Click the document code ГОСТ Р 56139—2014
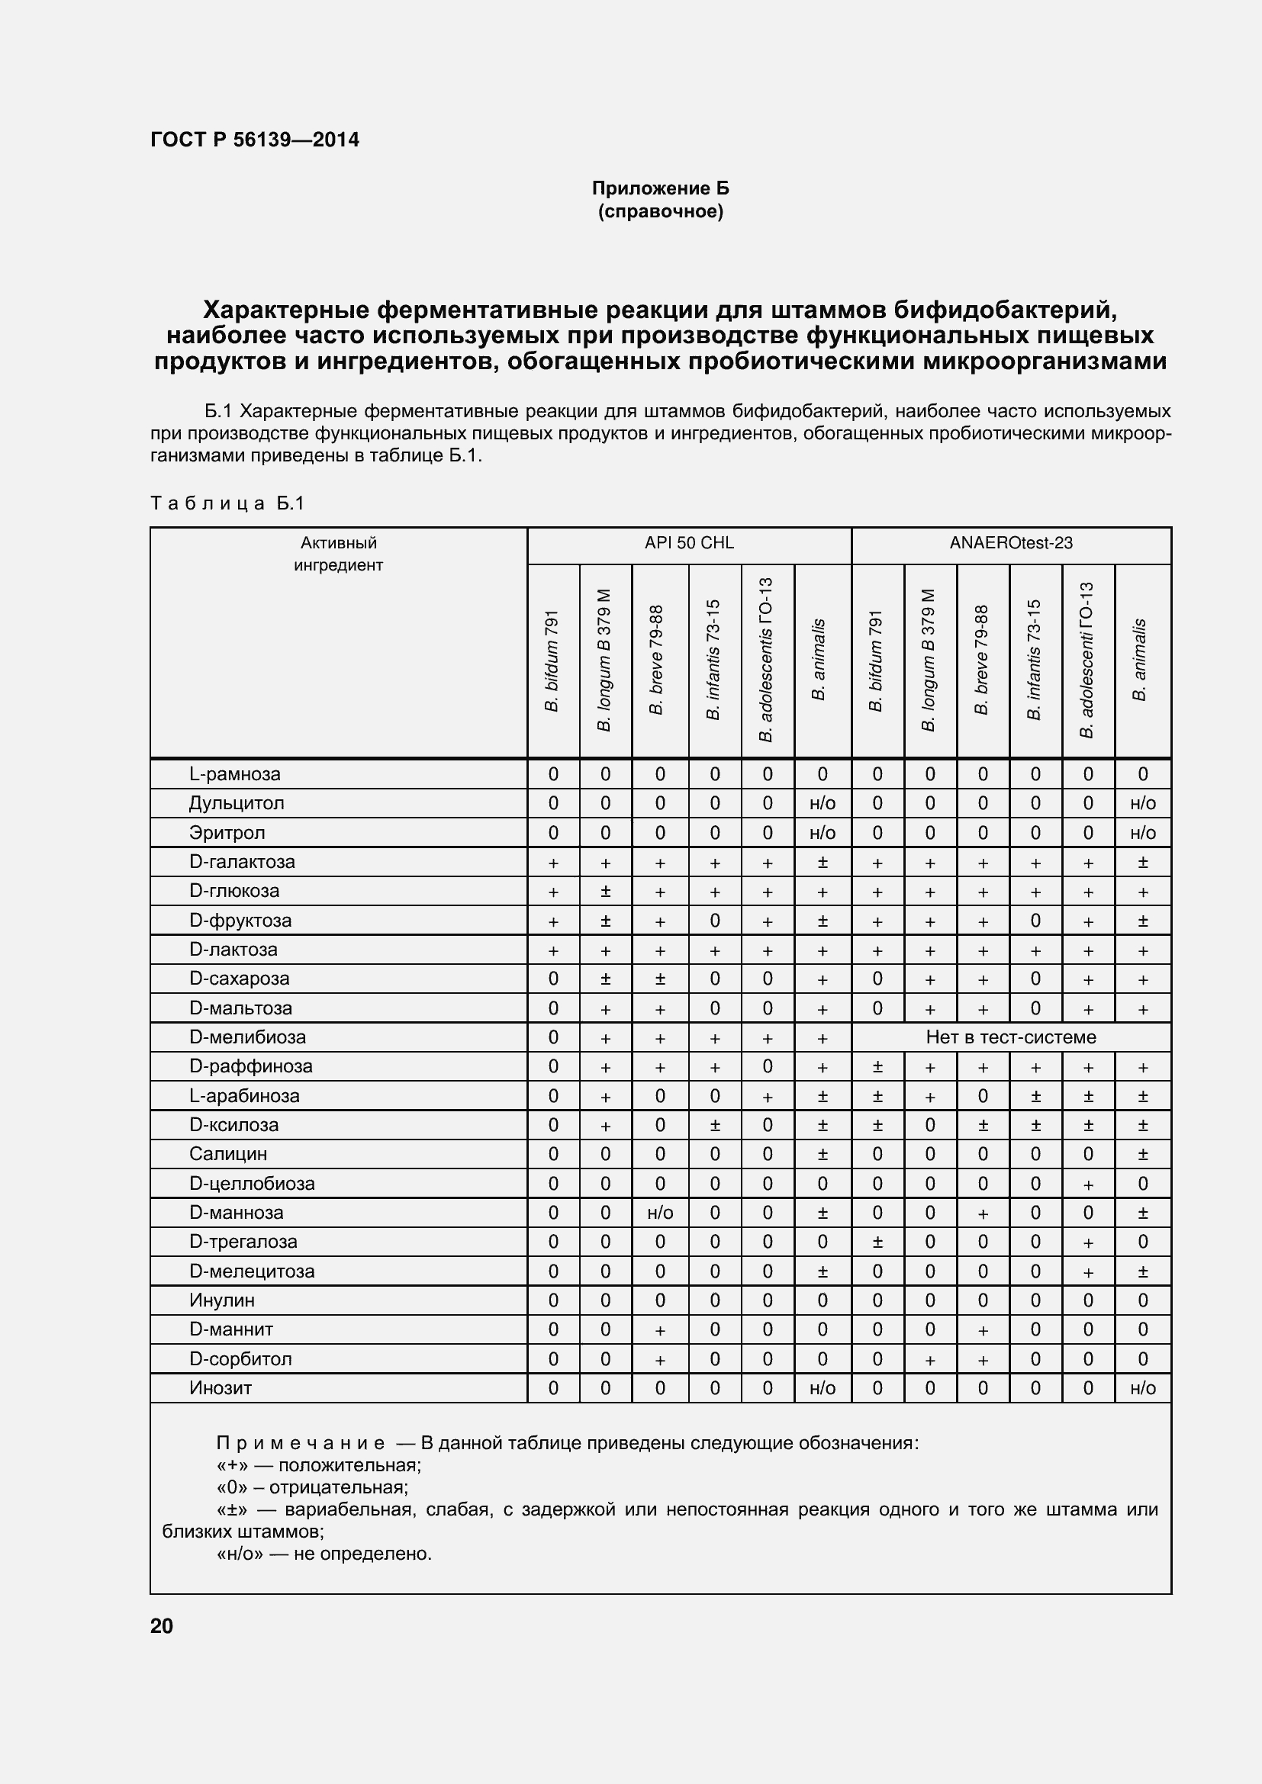click(254, 140)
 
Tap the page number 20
click(162, 1626)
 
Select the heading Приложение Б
click(660, 189)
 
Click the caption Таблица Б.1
click(227, 503)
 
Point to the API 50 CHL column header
click(688, 543)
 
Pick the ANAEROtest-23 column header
click(1010, 543)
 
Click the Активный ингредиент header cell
click(338, 554)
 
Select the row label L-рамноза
click(235, 774)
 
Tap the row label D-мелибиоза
click(247, 1037)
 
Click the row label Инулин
click(221, 1300)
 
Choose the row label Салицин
click(227, 1154)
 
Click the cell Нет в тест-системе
click(1010, 1037)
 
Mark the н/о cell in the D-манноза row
click(660, 1213)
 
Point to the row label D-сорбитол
click(240, 1359)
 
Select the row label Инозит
click(220, 1387)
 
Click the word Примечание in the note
click(300, 1444)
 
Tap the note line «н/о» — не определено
click(324, 1554)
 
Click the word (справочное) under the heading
click(660, 211)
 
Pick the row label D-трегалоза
click(243, 1242)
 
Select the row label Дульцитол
click(237, 802)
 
